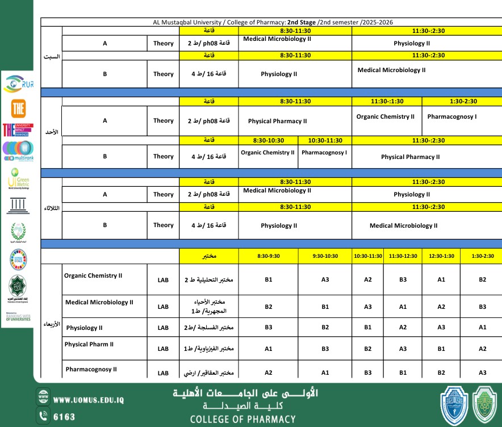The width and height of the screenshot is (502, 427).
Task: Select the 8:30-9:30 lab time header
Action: pos(269,256)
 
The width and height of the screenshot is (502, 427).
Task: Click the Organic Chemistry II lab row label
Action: pos(93,276)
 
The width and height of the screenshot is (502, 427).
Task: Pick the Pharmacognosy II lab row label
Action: pos(91,369)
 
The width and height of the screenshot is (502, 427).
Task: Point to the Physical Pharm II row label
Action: pos(89,344)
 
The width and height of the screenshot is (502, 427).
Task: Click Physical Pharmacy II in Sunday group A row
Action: pos(277,121)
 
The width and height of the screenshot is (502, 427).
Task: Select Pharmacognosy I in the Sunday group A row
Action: pos(451,116)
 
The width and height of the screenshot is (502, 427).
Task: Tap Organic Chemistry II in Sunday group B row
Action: pos(267,152)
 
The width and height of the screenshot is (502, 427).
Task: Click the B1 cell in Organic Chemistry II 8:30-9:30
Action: pos(269,279)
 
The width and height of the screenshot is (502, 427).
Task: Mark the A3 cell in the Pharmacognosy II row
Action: pos(482,372)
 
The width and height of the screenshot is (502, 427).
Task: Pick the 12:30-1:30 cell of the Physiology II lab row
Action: pos(441,327)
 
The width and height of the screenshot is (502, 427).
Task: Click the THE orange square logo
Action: pos(18,108)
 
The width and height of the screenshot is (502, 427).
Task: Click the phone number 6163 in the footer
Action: pos(64,417)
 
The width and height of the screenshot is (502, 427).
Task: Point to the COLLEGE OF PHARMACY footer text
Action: pos(242,419)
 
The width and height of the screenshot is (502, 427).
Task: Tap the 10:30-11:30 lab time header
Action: pos(367,256)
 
